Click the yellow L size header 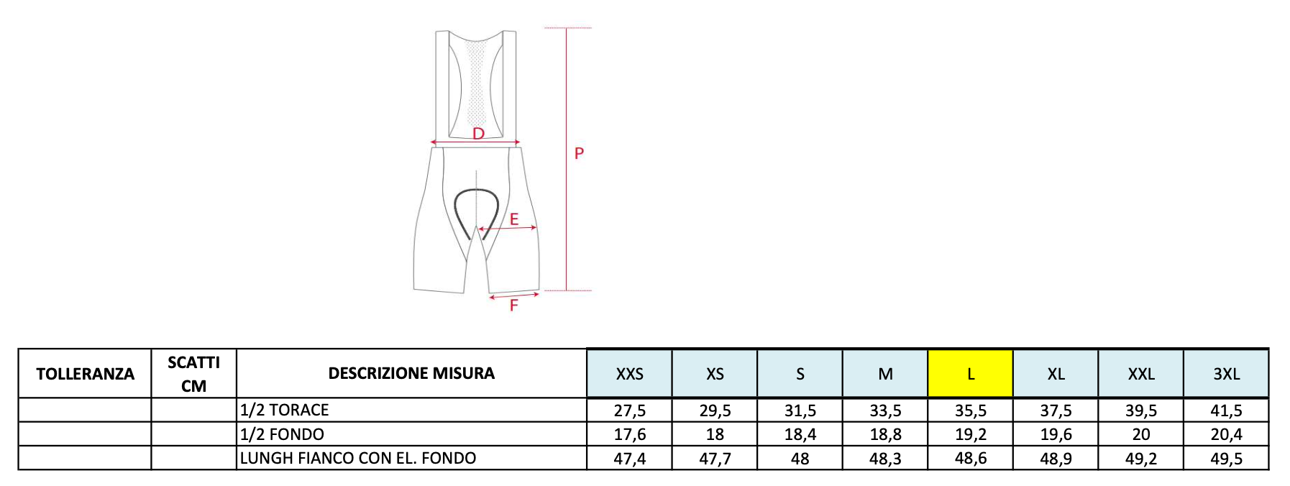(970, 374)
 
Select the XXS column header (629, 374)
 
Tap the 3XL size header (1226, 374)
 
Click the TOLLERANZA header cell (85, 374)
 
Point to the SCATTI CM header (193, 374)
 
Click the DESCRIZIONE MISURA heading (411, 373)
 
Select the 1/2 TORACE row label (284, 410)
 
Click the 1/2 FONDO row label (282, 434)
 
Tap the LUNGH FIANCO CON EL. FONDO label (358, 458)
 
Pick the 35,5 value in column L (970, 411)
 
